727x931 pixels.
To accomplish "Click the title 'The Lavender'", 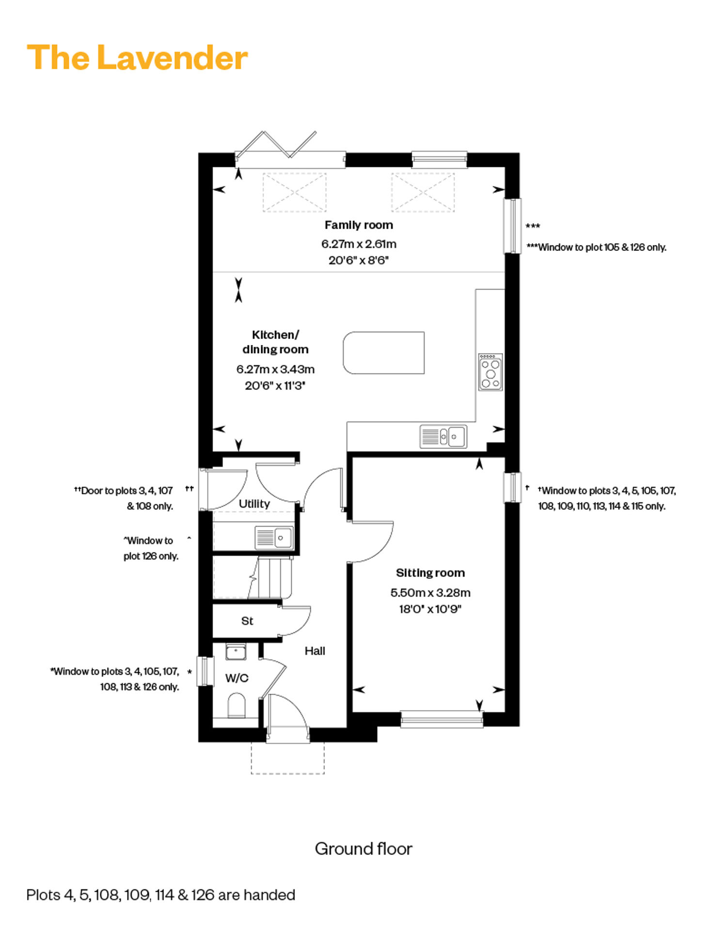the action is (137, 58).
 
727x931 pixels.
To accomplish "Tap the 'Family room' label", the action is (359, 225).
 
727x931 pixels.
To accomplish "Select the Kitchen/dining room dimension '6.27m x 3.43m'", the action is (275, 369).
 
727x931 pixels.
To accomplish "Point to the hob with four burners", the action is (490, 372).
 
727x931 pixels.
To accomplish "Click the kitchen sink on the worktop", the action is (443, 436).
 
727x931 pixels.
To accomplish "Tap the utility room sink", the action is (274, 538).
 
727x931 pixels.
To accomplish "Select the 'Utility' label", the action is (254, 504).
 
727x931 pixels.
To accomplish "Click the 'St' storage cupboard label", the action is (247, 621).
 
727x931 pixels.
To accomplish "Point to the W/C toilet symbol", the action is (237, 705).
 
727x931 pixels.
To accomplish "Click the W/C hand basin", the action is (236, 652).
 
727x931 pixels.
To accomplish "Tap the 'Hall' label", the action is (315, 651).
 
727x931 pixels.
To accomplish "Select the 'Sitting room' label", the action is (430, 573).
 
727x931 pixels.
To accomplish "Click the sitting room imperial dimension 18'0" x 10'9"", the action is (430, 609).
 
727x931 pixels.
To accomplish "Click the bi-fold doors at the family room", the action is (276, 144).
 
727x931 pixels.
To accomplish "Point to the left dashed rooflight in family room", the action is (295, 192).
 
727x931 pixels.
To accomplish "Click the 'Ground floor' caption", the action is (363, 849).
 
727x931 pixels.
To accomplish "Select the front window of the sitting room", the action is (442, 719).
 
